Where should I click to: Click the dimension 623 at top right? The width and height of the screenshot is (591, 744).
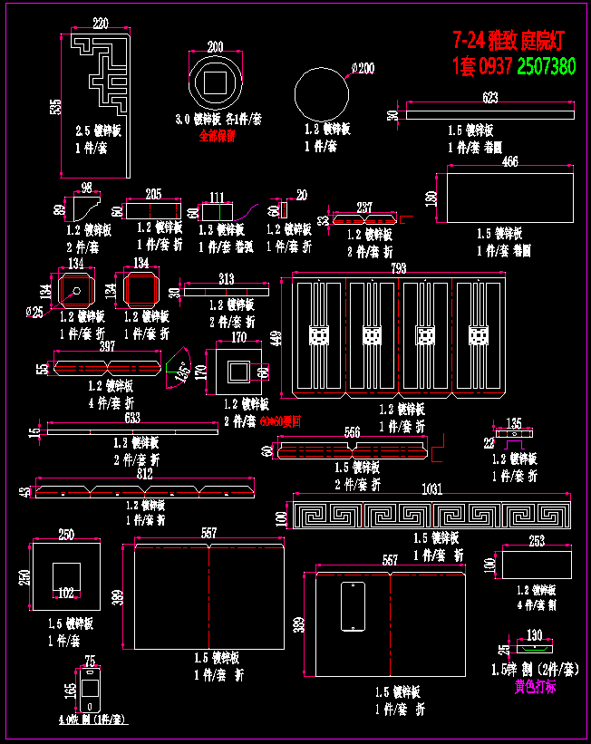pos(490,97)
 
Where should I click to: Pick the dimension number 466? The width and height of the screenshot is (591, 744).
pos(510,162)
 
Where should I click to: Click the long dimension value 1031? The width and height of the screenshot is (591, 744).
pos(432,489)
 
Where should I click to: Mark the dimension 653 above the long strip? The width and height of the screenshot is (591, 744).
pos(131,418)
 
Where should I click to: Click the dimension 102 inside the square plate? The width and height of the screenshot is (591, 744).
pos(66,594)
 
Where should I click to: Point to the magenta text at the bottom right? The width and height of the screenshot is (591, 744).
pos(536,687)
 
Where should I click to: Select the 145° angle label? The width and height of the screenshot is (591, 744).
pos(181,371)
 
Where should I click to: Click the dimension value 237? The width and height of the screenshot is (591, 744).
pos(365,208)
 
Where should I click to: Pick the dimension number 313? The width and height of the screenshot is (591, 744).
pos(226,279)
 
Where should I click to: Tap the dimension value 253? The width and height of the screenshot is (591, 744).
pos(537,541)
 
